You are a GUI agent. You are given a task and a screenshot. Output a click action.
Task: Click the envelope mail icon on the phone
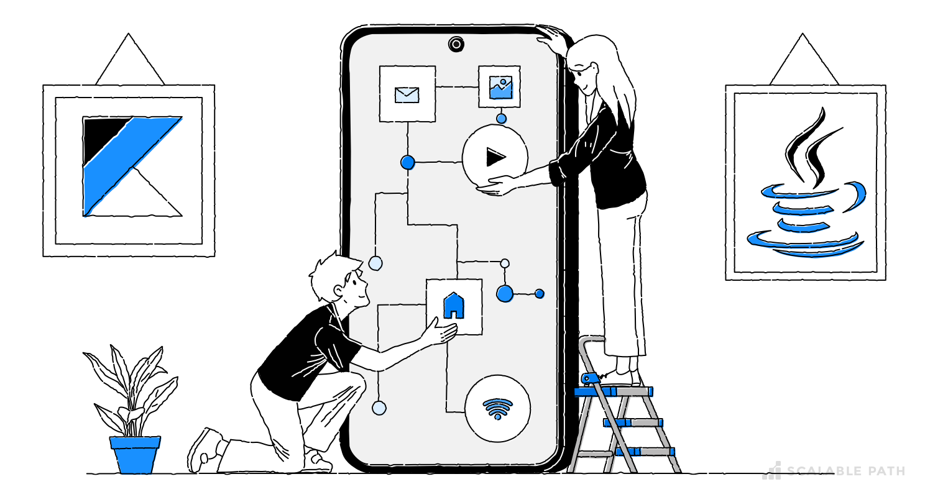(x=407, y=94)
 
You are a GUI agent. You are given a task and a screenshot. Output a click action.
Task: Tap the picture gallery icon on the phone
(x=500, y=88)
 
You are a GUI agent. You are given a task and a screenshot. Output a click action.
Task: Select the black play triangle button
(x=495, y=157)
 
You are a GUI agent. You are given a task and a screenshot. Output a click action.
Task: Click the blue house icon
(x=454, y=305)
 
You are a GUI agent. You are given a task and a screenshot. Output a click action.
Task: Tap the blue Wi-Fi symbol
(x=497, y=409)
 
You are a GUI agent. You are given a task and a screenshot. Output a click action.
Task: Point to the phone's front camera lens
(x=456, y=44)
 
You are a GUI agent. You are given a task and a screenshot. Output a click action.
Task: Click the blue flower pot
(x=135, y=455)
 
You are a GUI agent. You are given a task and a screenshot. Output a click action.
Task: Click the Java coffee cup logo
(x=806, y=186)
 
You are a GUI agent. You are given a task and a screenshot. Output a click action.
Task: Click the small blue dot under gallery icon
(x=501, y=119)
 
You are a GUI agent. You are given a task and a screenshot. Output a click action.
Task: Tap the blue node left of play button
(x=408, y=163)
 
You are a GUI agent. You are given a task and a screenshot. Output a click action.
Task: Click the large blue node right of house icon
(x=505, y=293)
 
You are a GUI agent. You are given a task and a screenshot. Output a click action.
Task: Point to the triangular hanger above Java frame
(x=803, y=62)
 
